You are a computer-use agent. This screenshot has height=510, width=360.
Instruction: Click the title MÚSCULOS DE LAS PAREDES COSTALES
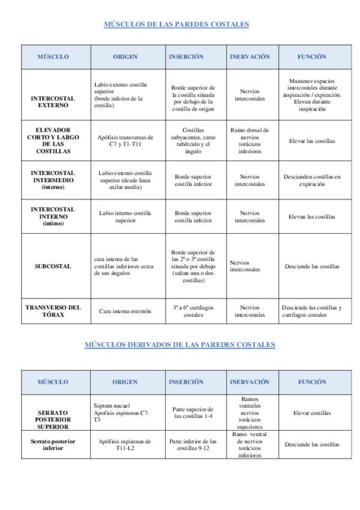(x=177, y=25)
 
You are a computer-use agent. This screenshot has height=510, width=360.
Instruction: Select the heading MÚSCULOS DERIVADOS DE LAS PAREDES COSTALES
(x=180, y=345)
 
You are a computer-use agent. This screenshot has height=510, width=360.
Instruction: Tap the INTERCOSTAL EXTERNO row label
(x=53, y=101)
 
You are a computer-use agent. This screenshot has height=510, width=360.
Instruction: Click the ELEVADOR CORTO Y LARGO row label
(x=53, y=140)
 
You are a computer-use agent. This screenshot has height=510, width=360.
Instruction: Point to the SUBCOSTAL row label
(x=53, y=266)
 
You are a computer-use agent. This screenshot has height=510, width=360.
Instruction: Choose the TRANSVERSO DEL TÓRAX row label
(x=53, y=311)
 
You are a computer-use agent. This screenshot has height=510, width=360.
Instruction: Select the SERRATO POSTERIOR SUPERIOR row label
(x=53, y=419)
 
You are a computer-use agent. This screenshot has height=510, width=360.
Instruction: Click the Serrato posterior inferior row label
(x=53, y=444)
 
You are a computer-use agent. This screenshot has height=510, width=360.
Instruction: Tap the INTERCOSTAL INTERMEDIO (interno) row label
(x=53, y=180)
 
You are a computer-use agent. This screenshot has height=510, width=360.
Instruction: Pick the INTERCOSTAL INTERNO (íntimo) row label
(x=53, y=217)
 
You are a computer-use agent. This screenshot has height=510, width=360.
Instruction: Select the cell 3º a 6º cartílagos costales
(x=193, y=311)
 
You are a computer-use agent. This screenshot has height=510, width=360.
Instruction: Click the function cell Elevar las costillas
(x=312, y=141)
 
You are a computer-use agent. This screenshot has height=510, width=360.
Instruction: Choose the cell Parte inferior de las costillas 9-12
(x=193, y=444)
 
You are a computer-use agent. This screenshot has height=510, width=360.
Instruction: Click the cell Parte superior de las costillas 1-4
(x=193, y=413)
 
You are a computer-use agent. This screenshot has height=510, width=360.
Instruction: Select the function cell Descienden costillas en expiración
(x=312, y=180)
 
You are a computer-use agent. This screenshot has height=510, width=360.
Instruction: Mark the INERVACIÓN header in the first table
(x=249, y=57)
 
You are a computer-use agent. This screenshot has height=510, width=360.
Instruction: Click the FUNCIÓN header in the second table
(x=312, y=382)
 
